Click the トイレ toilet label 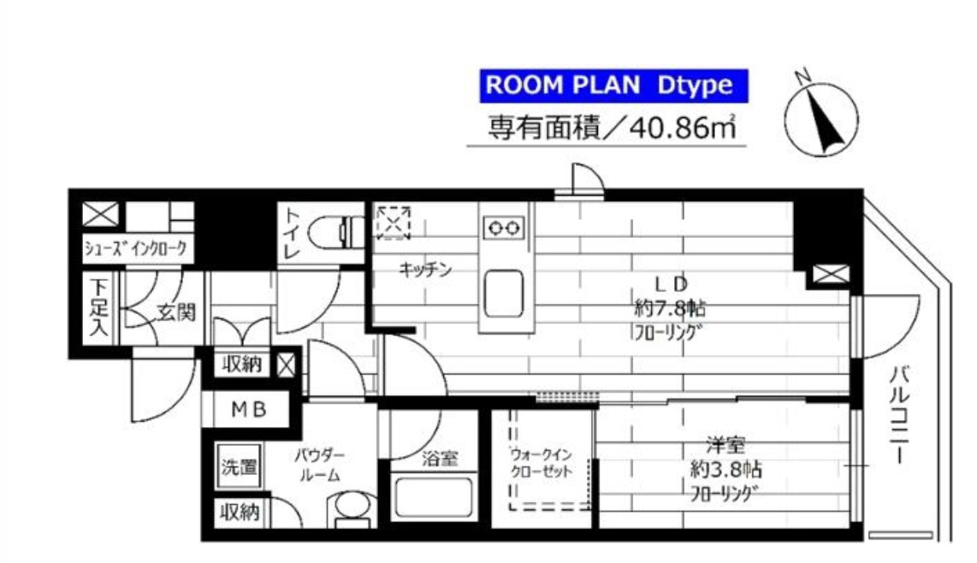(x=293, y=233)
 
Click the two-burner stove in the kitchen (x=504, y=228)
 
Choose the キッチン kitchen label (x=425, y=270)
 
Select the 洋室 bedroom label (x=725, y=445)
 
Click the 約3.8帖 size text (x=725, y=470)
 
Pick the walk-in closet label (x=539, y=462)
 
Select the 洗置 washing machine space (x=239, y=467)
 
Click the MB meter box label (x=250, y=410)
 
